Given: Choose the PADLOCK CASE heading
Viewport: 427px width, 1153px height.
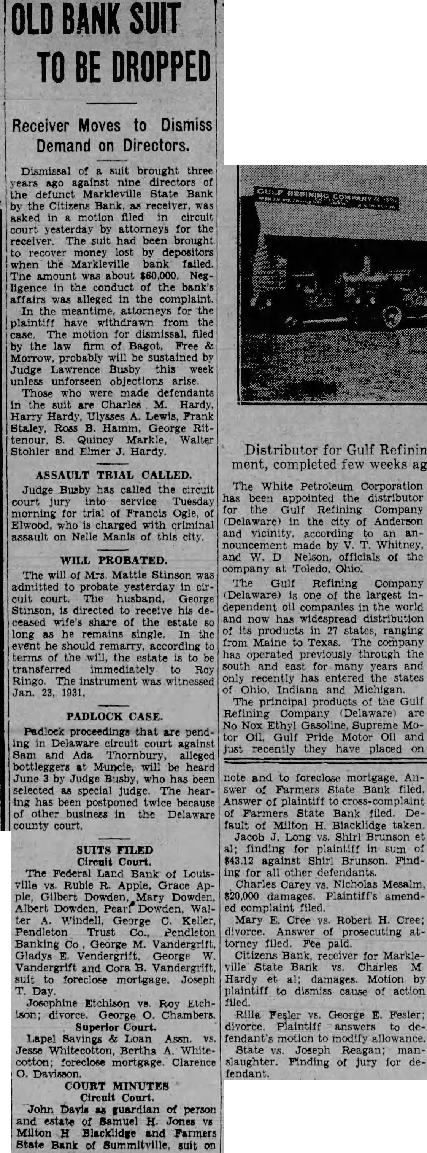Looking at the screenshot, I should (x=114, y=716).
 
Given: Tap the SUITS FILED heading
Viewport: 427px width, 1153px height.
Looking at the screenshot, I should (x=114, y=850).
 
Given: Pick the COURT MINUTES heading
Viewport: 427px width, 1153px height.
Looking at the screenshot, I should (x=117, y=1086).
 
